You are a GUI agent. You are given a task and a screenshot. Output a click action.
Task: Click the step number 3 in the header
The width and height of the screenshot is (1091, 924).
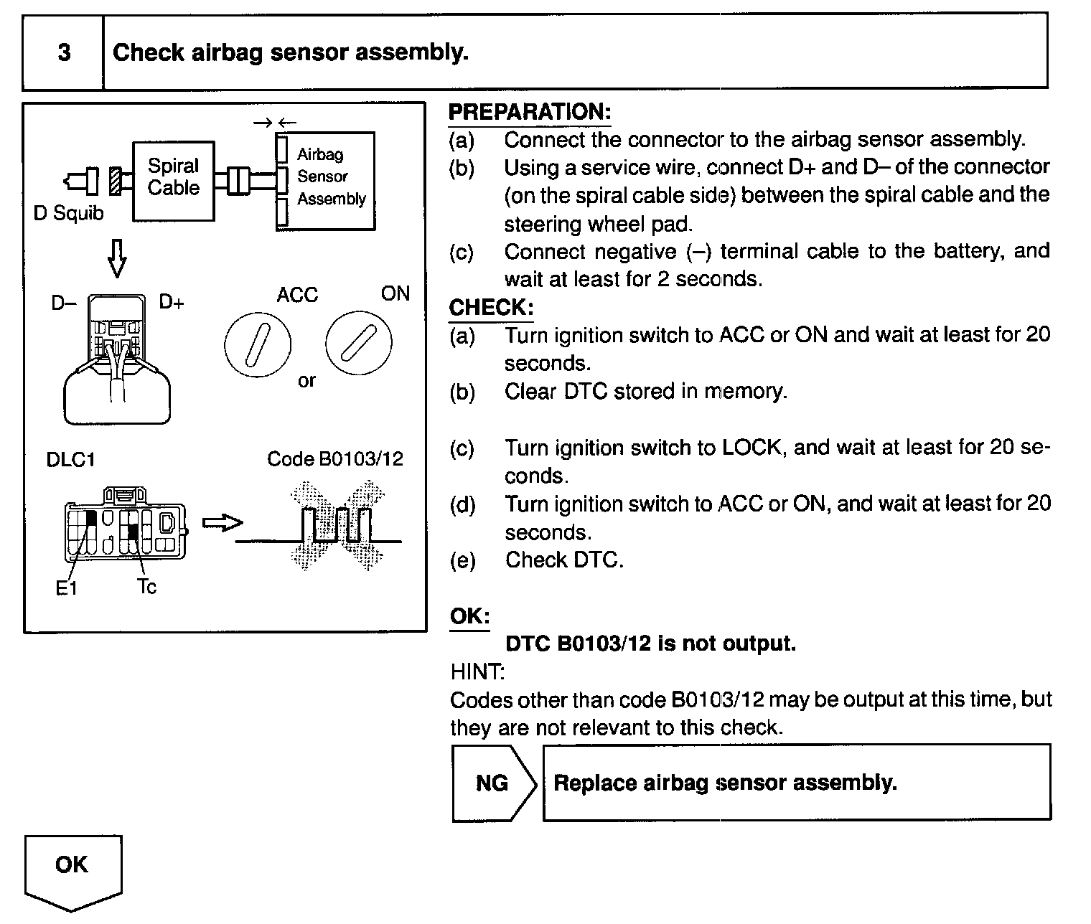(64, 52)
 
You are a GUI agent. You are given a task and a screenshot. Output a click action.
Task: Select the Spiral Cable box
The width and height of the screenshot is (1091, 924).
(173, 180)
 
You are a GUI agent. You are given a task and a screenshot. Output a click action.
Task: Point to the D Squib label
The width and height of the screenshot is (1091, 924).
(69, 213)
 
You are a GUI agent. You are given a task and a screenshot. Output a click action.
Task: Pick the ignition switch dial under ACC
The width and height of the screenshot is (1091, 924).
(258, 344)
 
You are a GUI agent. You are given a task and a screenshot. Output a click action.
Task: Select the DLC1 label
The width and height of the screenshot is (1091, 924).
(70, 459)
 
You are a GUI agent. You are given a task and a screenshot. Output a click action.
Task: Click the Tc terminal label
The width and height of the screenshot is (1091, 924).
(146, 587)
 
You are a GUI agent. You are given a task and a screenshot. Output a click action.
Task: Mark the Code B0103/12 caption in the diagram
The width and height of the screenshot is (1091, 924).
(334, 459)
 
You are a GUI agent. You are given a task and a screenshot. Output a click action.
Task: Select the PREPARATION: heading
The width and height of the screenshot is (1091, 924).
(529, 112)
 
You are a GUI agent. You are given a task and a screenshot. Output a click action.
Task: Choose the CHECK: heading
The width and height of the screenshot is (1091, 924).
(491, 308)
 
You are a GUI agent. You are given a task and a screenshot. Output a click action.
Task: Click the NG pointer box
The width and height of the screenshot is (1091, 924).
(493, 783)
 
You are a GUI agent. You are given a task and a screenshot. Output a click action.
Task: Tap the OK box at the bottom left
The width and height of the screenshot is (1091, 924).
(72, 865)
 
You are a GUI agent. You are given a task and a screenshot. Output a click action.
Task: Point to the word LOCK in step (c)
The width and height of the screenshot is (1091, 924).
(751, 448)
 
